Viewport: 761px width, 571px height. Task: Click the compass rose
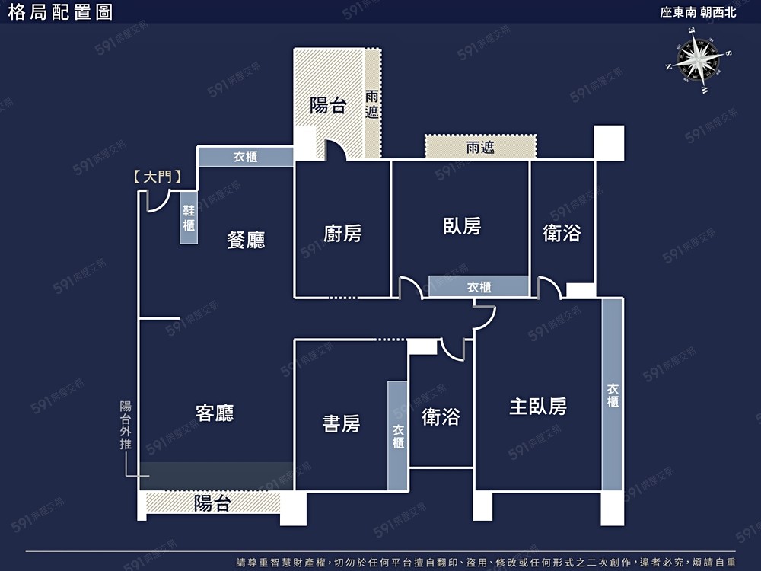pyautogui.click(x=699, y=60)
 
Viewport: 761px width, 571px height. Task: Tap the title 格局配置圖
pyautogui.click(x=60, y=12)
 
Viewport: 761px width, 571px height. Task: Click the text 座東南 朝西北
pyautogui.click(x=698, y=12)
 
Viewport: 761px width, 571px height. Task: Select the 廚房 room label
pyautogui.click(x=342, y=234)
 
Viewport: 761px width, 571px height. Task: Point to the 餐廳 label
pyautogui.click(x=246, y=240)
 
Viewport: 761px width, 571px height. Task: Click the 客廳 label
pyautogui.click(x=215, y=413)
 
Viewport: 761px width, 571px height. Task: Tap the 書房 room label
pyautogui.click(x=341, y=423)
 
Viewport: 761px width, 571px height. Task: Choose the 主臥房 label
pyautogui.click(x=538, y=407)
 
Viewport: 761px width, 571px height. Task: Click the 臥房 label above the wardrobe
pyautogui.click(x=462, y=226)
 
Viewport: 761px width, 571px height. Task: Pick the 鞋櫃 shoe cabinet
pyautogui.click(x=188, y=218)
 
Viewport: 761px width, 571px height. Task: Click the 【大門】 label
pyautogui.click(x=158, y=177)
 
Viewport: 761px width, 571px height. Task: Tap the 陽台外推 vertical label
pyautogui.click(x=126, y=426)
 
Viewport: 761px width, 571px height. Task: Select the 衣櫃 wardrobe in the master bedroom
pyautogui.click(x=613, y=394)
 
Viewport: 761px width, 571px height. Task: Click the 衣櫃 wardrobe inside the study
pyautogui.click(x=397, y=435)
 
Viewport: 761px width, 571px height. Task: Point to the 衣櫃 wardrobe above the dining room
pyautogui.click(x=246, y=156)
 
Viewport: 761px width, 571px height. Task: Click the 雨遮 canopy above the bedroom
pyautogui.click(x=480, y=147)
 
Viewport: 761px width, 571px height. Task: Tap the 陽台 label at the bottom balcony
pyautogui.click(x=212, y=503)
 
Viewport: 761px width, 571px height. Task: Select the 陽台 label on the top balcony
pyautogui.click(x=328, y=105)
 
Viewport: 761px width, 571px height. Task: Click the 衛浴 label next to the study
pyautogui.click(x=441, y=416)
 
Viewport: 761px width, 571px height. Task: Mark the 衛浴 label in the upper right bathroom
pyautogui.click(x=562, y=233)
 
